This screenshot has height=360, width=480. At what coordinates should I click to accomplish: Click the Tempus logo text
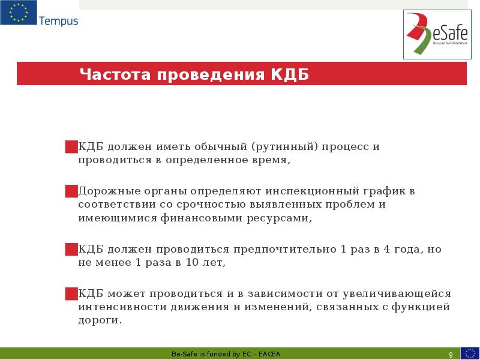(x=58, y=21)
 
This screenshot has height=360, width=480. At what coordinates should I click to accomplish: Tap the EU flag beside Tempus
(x=18, y=13)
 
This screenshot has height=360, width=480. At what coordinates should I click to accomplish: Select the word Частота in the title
(x=115, y=75)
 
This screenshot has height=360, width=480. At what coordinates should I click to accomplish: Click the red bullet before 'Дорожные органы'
(x=71, y=191)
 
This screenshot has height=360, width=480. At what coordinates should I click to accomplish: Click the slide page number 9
(x=451, y=354)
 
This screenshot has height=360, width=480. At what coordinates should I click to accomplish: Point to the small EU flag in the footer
(x=470, y=353)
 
